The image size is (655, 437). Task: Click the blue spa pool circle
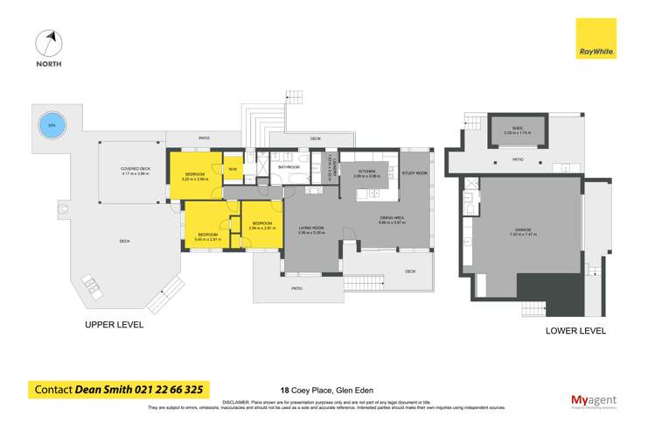tap(52, 123)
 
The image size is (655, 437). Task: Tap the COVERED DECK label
tap(136, 171)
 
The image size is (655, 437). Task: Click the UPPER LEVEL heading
tap(113, 325)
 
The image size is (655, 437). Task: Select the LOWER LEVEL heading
tap(575, 331)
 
